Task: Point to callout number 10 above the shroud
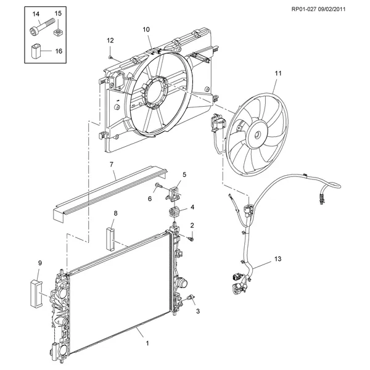click(x=146, y=30)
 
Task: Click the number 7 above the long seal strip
click(x=112, y=165)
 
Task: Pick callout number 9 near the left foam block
click(x=40, y=264)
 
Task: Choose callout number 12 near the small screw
click(x=111, y=40)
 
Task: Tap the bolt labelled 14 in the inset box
click(x=38, y=27)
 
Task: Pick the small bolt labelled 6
click(x=159, y=186)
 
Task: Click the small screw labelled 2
click(x=191, y=238)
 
